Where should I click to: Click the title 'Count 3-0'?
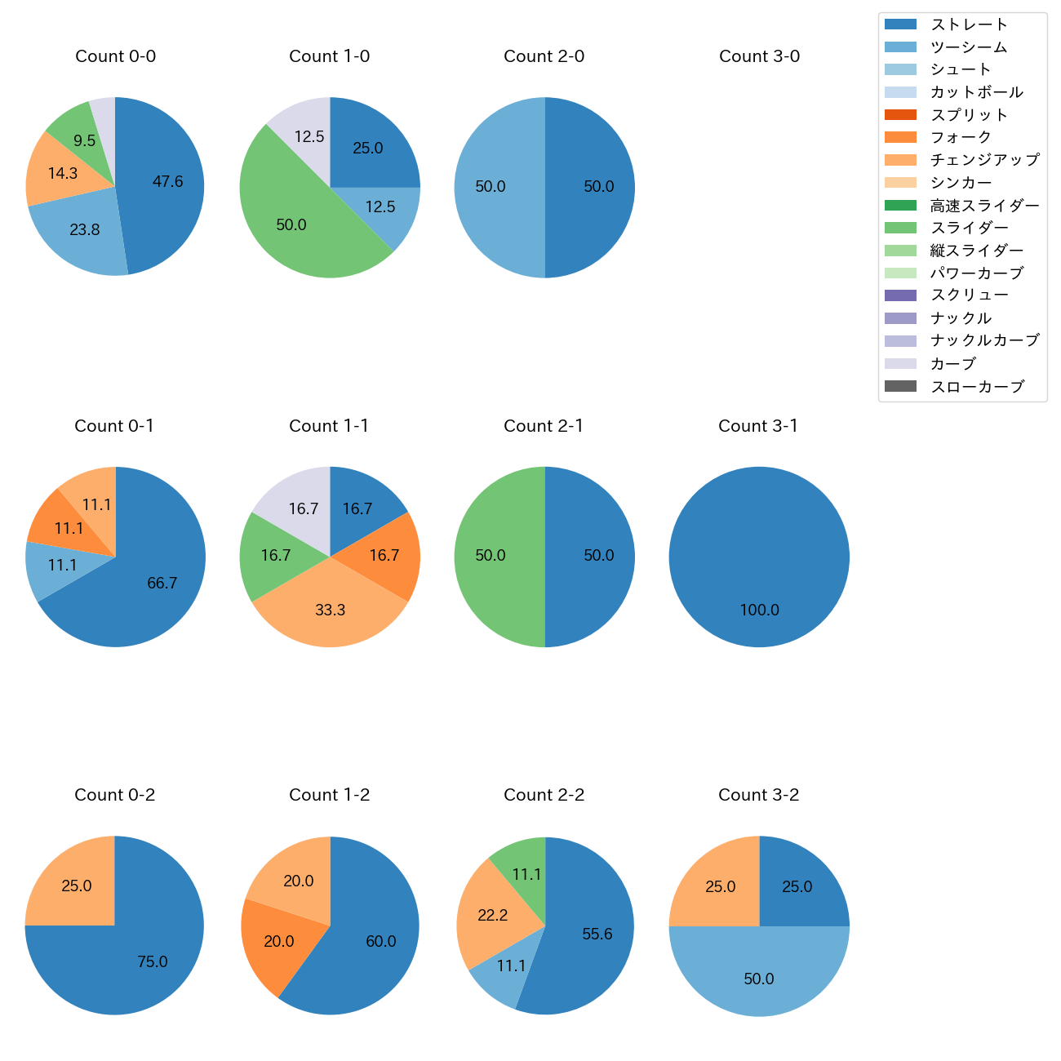(x=759, y=56)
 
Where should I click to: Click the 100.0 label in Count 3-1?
(x=759, y=610)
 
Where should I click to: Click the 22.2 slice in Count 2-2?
(x=494, y=916)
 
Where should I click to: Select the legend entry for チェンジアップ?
(x=984, y=160)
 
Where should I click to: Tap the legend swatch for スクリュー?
(x=900, y=295)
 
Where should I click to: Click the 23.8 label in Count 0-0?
(x=85, y=230)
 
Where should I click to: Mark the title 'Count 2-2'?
(x=544, y=795)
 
